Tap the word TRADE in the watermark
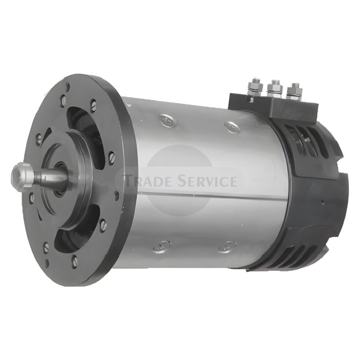coord(148,181)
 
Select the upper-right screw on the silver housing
coord(232,127)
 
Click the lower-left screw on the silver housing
coord(161,246)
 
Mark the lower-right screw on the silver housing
coord(227,247)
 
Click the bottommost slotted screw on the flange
coord(75,261)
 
